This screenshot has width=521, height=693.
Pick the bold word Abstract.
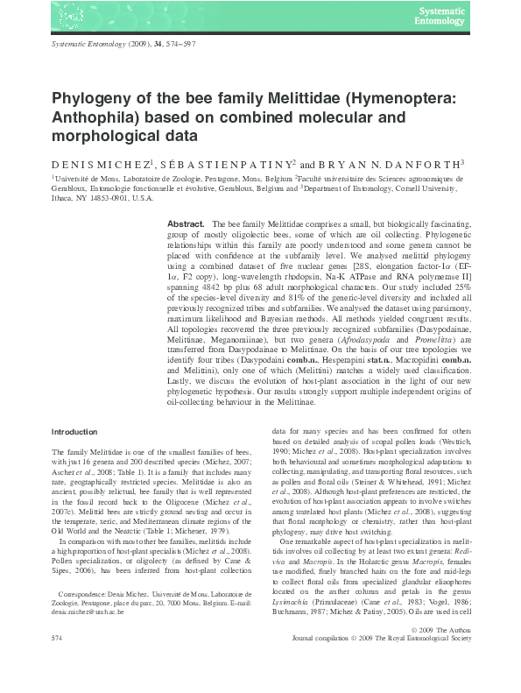(187, 225)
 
